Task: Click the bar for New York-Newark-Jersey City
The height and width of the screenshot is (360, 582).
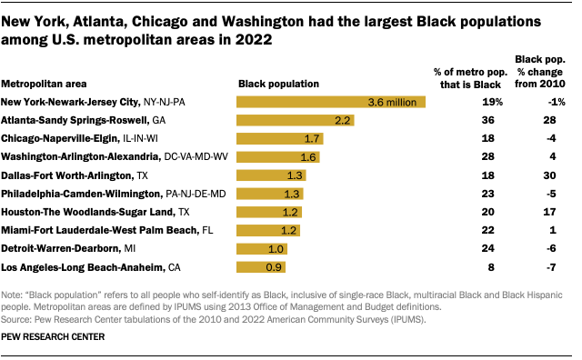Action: point(331,102)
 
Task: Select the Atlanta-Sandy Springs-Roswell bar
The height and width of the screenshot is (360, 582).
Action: point(295,120)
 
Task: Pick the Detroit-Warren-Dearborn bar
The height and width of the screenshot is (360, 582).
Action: point(263,248)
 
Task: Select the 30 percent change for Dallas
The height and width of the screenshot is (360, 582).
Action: point(548,175)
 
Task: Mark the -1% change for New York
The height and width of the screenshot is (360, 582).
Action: point(547,102)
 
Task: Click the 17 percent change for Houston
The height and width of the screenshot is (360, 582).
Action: point(548,212)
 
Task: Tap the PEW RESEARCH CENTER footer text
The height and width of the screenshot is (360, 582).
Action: point(53,336)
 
